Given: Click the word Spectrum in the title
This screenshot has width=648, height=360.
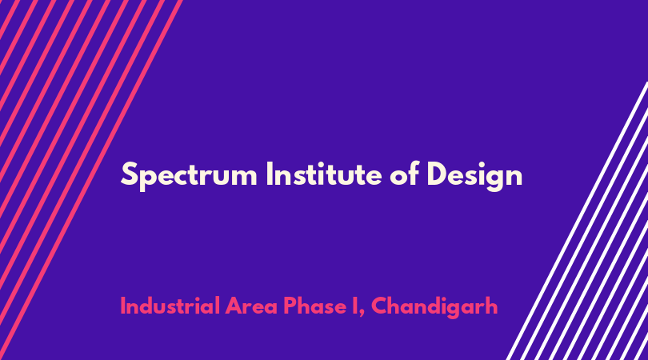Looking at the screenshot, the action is pos(189,176).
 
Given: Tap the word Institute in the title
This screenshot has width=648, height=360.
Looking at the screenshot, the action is pos(324,174).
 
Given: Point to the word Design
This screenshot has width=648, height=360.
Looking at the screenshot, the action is pos(474,176).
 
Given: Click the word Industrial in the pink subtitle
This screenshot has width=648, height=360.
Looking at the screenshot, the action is pos(170,306).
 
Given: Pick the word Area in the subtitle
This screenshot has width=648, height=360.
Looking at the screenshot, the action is pos(251,306).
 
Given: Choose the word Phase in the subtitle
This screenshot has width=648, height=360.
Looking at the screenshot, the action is pos(314,306).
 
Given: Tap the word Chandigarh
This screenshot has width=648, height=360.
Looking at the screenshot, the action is pos(434,307).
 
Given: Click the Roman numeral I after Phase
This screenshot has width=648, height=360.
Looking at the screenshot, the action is pos(355,306).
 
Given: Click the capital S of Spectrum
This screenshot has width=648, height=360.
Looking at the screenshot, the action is pos(129,174).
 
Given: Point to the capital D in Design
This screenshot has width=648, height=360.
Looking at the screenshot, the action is pos(438,174).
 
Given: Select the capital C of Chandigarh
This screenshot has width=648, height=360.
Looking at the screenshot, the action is pos(380,306).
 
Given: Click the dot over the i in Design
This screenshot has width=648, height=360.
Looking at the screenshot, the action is pos(478,163).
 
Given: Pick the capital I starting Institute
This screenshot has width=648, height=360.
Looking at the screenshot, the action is pos(269,174).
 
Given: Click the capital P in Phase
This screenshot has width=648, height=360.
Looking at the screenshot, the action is pos(290,306).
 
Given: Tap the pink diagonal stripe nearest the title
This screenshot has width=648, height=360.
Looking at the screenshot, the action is pos(90,180).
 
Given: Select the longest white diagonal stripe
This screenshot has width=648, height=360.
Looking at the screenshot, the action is pos(578,221).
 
